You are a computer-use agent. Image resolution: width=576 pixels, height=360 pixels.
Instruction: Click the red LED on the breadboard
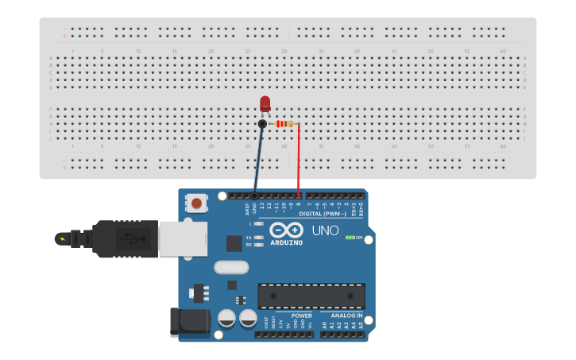(x=265, y=103)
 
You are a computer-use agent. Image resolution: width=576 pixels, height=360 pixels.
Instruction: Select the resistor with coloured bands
(x=284, y=124)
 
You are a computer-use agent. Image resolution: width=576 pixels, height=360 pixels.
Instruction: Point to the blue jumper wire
(x=258, y=159)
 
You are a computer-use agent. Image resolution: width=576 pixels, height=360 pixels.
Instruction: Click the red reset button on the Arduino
(x=196, y=203)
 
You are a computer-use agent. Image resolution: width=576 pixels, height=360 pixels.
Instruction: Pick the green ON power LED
(x=350, y=238)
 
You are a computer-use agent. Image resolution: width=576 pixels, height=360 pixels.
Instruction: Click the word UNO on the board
(x=324, y=230)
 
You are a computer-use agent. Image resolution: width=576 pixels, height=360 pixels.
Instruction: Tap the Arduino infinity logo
(x=286, y=230)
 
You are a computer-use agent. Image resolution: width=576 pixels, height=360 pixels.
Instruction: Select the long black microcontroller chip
(x=311, y=296)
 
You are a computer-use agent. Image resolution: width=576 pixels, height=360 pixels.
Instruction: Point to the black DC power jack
(x=189, y=322)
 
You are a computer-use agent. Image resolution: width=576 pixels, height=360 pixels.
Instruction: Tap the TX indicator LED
(x=259, y=238)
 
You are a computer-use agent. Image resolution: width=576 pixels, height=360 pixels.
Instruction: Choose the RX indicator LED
(x=259, y=245)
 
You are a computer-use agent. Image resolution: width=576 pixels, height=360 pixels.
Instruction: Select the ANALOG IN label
(x=346, y=315)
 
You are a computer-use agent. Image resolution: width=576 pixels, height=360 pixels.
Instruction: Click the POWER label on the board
(x=302, y=315)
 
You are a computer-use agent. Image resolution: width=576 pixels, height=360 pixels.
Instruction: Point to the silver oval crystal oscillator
(x=231, y=267)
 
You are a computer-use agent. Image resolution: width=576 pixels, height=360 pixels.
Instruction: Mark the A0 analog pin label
(x=324, y=325)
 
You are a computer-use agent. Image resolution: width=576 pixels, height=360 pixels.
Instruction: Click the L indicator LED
(x=259, y=224)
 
